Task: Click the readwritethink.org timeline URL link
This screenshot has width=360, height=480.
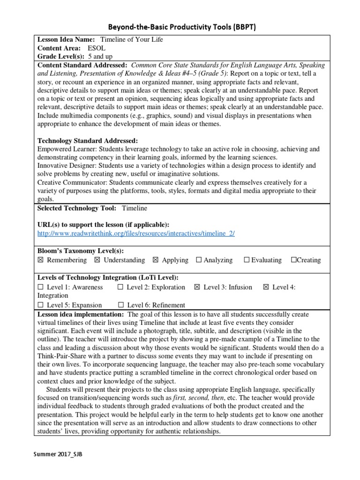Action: tap(136, 233)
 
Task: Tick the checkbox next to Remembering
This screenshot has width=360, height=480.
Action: tap(40, 260)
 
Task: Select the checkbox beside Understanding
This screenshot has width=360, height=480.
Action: tap(97, 260)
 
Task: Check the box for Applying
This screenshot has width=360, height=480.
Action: tap(156, 260)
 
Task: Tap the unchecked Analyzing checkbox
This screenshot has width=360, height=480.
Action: tap(199, 260)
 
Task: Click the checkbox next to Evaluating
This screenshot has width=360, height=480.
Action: tap(247, 260)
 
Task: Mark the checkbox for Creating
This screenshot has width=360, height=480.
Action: tap(293, 260)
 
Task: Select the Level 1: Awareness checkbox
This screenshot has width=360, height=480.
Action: tap(40, 287)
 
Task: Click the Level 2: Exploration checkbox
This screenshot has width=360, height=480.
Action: tap(120, 287)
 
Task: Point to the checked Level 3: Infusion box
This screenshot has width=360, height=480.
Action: tap(197, 287)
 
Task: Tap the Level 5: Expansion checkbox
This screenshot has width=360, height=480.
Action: tap(40, 305)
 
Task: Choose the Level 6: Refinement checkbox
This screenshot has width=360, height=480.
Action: tap(120, 305)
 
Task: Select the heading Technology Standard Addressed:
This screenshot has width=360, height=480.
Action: tap(88, 140)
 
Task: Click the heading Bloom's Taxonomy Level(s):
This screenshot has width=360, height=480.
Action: tap(80, 251)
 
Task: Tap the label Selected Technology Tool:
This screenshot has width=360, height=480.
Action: tap(77, 208)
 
